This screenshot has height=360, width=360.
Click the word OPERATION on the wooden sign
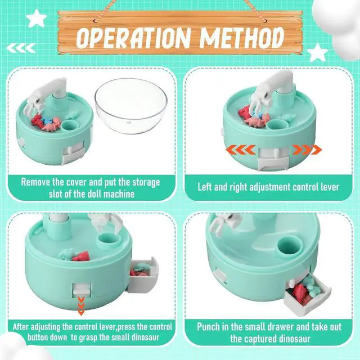(134, 38)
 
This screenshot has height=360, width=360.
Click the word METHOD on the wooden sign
(242, 37)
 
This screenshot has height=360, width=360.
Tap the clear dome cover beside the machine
(131, 105)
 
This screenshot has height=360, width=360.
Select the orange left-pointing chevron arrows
(241, 150)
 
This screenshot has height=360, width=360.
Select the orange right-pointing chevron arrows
(307, 150)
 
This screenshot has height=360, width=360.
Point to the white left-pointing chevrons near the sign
(21, 48)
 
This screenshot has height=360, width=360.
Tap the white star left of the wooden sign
(36, 18)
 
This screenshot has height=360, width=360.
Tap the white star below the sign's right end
(317, 53)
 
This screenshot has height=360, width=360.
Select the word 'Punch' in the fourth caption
(208, 326)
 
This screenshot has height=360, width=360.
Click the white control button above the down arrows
(81, 289)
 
